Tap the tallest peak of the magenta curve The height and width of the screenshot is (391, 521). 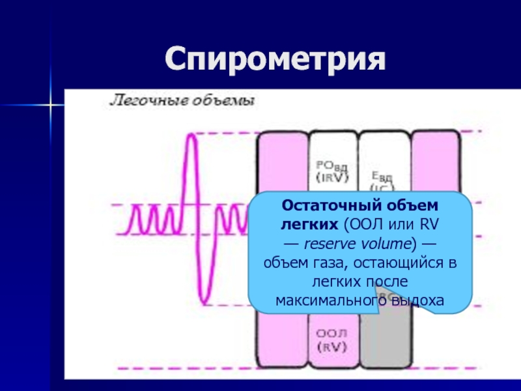click(191, 136)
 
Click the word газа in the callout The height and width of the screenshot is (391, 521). click(321, 263)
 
